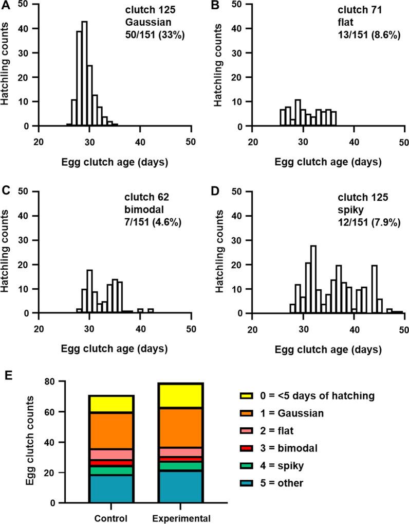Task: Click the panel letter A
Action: tap(5, 6)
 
